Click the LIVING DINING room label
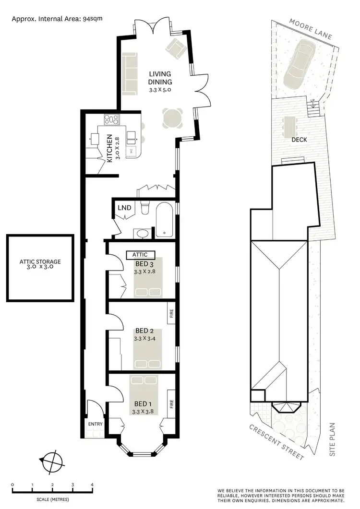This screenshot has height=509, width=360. tap(160, 77)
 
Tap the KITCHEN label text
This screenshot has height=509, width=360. tap(109, 147)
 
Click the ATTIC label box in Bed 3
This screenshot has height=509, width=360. tap(141, 255)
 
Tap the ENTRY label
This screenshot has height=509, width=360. tap(96, 424)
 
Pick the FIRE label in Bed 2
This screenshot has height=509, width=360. tap(171, 315)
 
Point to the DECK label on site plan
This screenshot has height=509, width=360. tap(299, 140)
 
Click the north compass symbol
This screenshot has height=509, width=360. tap(51, 461)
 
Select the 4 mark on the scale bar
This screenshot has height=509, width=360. tap(92, 485)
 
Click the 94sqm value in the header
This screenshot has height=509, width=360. tap(93, 19)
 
